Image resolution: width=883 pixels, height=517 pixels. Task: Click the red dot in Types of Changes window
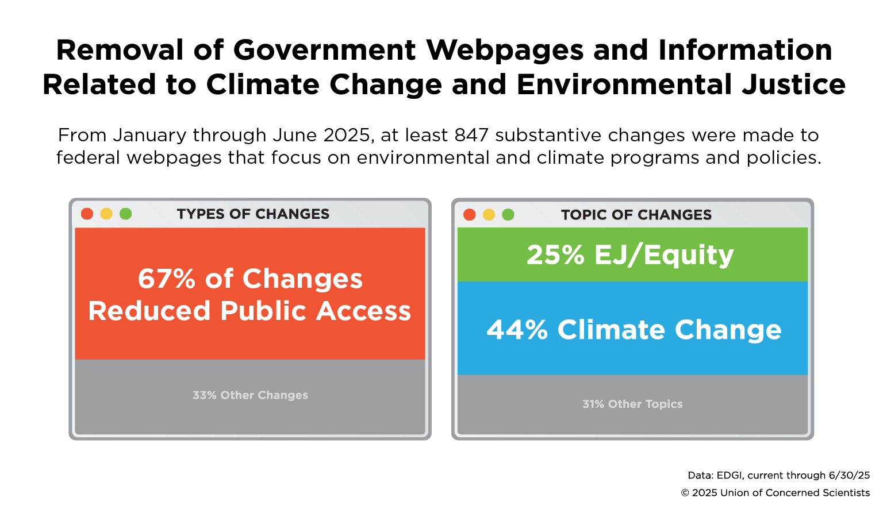[x=87, y=214]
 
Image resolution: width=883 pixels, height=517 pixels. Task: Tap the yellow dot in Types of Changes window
[x=106, y=214]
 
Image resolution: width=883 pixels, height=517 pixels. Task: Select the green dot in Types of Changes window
[x=125, y=214]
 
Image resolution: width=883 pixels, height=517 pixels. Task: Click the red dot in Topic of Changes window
[x=470, y=214]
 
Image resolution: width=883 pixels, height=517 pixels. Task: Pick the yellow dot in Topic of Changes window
[x=489, y=214]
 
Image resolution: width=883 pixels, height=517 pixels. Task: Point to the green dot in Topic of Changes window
[x=508, y=214]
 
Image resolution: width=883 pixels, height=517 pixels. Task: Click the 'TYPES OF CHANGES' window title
[x=253, y=214]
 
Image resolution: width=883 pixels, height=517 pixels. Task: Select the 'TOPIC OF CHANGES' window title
[x=636, y=215]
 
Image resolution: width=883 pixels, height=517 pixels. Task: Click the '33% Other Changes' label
[x=250, y=395]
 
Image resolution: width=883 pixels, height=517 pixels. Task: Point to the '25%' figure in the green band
[x=555, y=255]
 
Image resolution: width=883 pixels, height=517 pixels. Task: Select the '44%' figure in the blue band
[x=517, y=330]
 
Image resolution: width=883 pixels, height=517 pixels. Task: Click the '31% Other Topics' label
[x=632, y=404]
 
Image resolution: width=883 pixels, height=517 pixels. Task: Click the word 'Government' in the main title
[x=324, y=50]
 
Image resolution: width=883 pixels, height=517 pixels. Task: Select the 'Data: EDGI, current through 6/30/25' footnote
[x=779, y=475]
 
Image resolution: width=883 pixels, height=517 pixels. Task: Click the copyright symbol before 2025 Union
[x=685, y=493]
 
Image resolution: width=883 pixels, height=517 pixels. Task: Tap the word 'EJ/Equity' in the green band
[x=664, y=255]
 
